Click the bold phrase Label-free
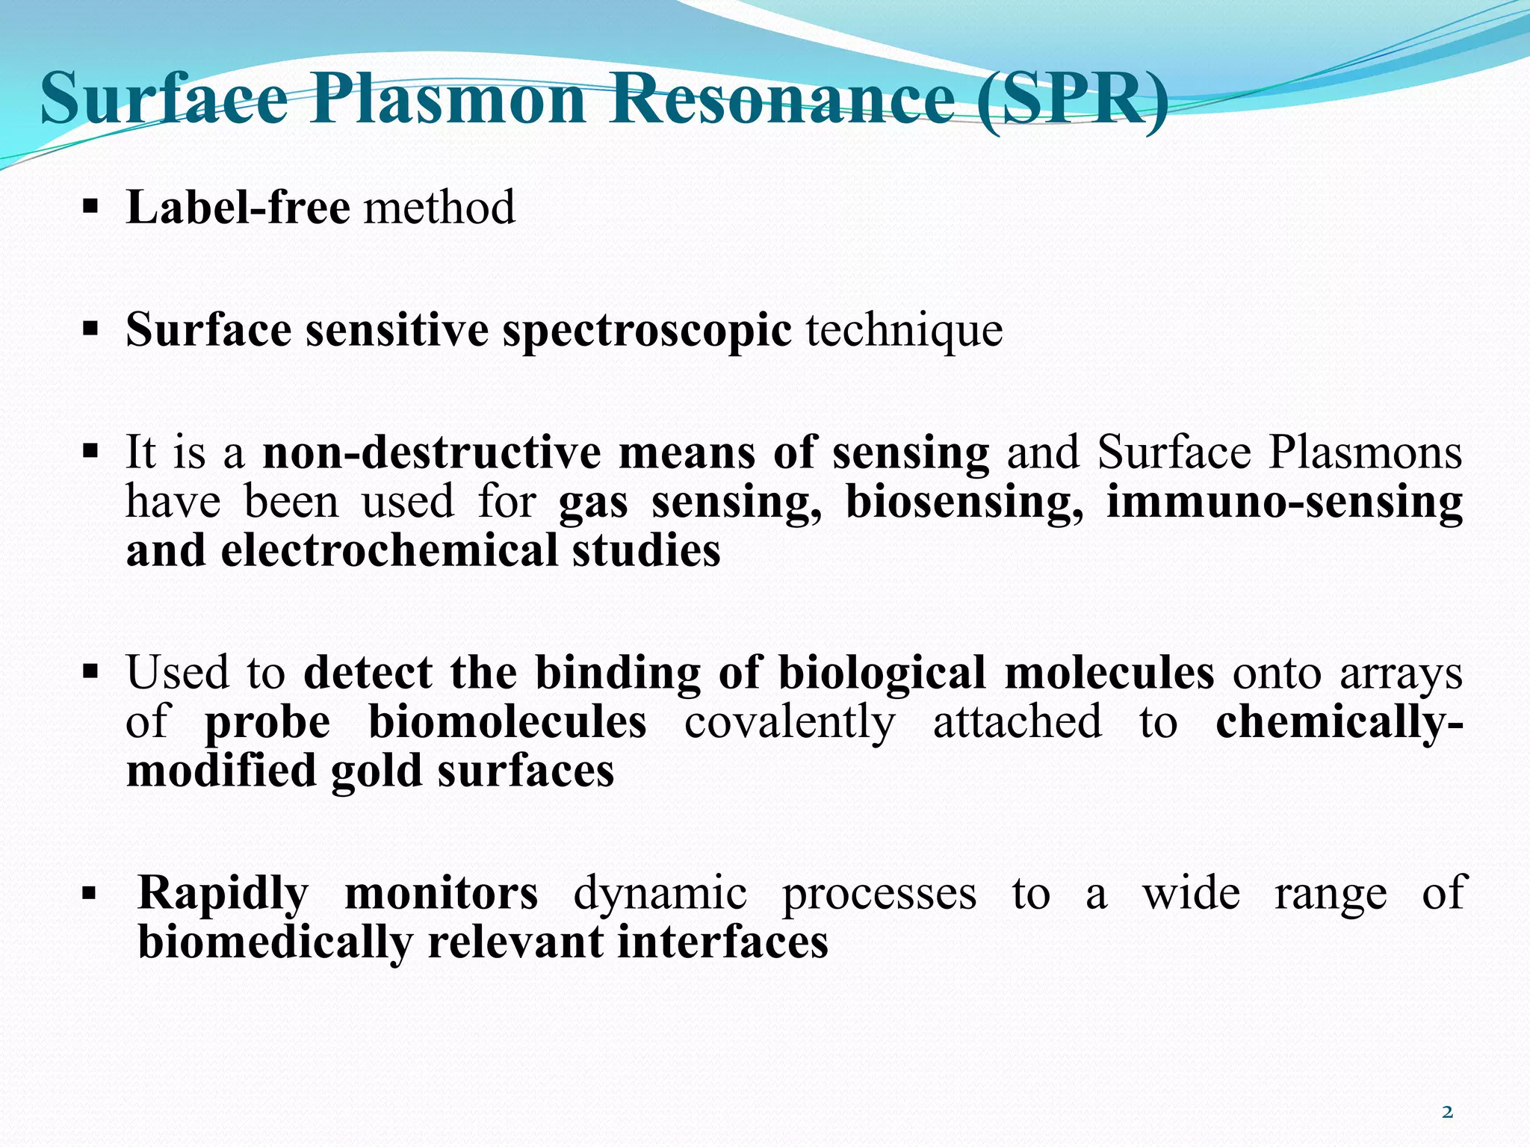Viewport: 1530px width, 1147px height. (238, 207)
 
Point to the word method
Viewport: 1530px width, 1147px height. (439, 207)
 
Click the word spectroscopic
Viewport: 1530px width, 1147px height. (646, 330)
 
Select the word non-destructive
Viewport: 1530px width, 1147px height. (432, 453)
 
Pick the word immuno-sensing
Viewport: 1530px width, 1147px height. (1284, 502)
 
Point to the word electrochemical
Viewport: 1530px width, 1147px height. (389, 550)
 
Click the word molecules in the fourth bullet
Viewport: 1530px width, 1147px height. (1109, 672)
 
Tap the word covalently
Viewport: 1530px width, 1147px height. (789, 722)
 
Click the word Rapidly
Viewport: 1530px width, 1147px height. (223, 893)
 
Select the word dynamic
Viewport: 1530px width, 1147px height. (660, 893)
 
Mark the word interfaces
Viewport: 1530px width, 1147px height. (722, 942)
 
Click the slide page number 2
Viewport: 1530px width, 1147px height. (1447, 1112)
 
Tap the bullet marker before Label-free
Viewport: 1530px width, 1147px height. (90, 205)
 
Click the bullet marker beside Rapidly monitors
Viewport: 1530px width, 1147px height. (90, 892)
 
